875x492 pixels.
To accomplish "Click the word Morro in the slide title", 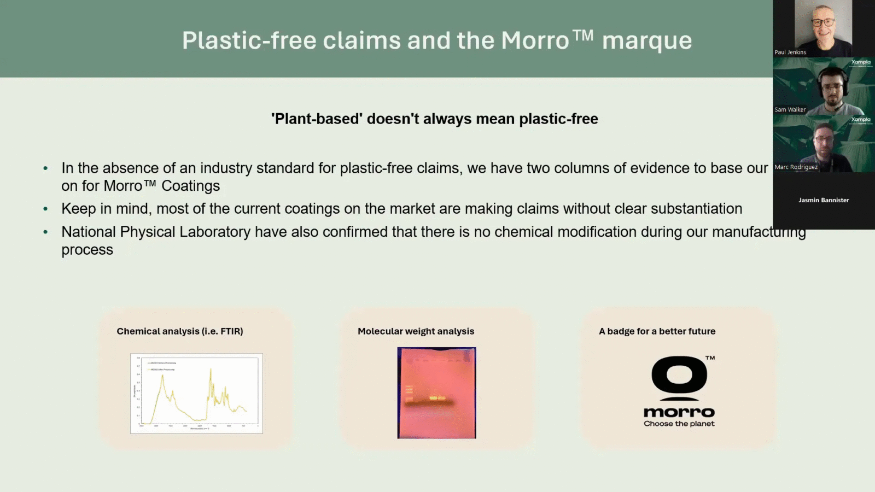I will [x=535, y=41].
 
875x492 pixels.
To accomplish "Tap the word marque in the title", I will [x=647, y=41].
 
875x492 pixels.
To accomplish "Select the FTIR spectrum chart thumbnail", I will [x=196, y=393].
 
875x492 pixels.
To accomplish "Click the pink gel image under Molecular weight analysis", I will [x=436, y=393].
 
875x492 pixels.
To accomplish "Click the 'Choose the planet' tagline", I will [x=679, y=424].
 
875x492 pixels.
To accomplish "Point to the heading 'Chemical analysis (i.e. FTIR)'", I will [x=180, y=331].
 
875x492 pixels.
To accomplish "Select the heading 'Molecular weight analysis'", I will [x=416, y=331].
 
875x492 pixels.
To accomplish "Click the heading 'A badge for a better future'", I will [x=657, y=331].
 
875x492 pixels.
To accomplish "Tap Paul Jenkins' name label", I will [x=790, y=52].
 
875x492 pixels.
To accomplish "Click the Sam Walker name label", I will [x=790, y=110].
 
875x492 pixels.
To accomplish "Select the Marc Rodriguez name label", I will [x=796, y=167].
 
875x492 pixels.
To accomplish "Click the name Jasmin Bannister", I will [x=824, y=200].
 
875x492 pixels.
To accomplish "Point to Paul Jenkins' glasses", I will [x=823, y=23].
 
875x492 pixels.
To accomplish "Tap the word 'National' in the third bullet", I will [x=89, y=232].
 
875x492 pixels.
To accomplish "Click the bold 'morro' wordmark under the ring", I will [x=679, y=412].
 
